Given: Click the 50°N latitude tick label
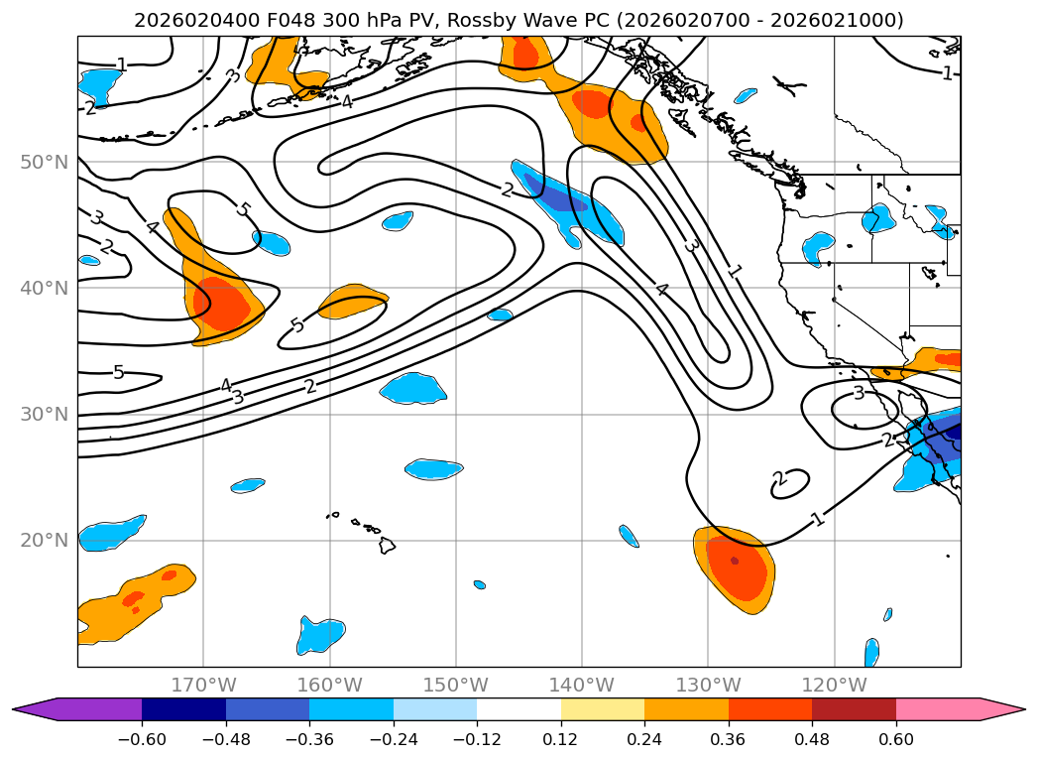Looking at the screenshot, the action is tap(45, 163).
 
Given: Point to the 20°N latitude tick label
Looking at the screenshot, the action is tap(45, 541).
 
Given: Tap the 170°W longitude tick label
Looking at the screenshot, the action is tap(203, 685).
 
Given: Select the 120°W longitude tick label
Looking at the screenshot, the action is tap(834, 685).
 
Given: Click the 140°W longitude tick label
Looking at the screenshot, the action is tap(582, 685).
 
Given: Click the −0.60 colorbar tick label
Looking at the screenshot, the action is tap(142, 739).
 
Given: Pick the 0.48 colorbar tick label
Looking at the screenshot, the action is tap(812, 739).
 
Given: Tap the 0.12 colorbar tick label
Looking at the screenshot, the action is tap(561, 739).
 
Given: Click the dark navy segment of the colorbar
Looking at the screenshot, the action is tap(184, 709).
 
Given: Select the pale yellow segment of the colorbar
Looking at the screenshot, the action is tap(603, 709).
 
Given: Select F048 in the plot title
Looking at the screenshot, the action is tap(289, 21).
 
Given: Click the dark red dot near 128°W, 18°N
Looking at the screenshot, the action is tap(735, 561).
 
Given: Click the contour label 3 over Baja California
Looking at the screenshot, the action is tap(859, 394).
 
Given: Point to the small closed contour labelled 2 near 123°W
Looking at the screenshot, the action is tap(790, 483).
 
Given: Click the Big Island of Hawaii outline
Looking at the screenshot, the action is tap(387, 545).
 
